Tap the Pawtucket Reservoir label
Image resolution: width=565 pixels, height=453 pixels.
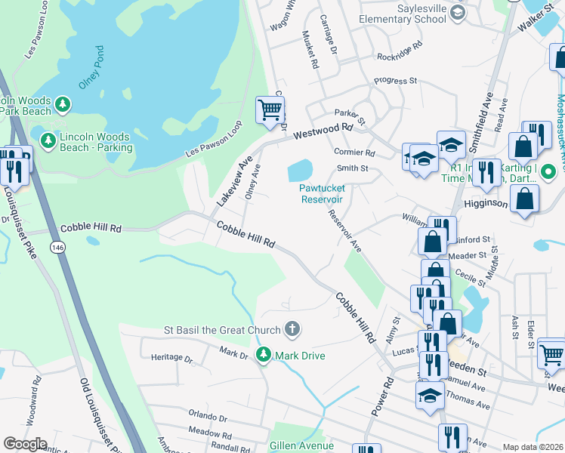[x=322, y=193]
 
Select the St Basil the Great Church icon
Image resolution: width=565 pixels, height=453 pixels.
[x=292, y=329]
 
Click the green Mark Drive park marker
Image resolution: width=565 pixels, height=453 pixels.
[x=263, y=354]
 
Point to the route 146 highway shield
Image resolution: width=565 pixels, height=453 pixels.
[x=57, y=247]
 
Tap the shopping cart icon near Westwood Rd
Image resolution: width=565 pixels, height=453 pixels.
[x=270, y=110]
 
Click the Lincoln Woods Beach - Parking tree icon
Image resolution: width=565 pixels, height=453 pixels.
[x=48, y=140]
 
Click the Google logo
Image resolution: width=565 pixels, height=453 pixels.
[x=25, y=444]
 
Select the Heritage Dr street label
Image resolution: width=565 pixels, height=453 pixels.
[x=171, y=357]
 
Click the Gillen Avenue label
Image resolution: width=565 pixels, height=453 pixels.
[x=302, y=446]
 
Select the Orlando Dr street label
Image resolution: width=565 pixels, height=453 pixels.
[x=208, y=417]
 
